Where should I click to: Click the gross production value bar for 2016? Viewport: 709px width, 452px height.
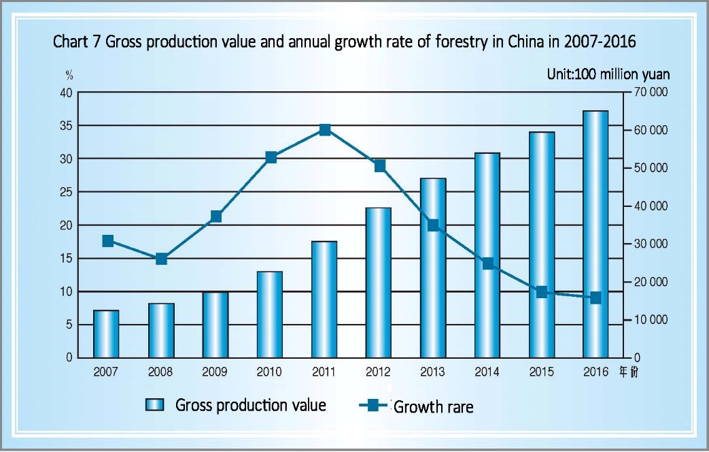(x=595, y=234)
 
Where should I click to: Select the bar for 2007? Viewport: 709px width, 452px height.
(x=106, y=334)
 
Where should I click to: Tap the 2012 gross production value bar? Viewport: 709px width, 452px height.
(x=378, y=282)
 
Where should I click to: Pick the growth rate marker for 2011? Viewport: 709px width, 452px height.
(x=325, y=130)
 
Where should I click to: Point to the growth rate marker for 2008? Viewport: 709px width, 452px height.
(x=161, y=259)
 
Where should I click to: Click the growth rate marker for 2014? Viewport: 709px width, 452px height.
(x=487, y=263)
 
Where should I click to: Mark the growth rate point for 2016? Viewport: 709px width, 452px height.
(x=595, y=297)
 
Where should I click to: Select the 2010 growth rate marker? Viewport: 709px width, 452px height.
(x=271, y=157)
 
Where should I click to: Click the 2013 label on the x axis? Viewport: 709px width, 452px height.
(x=432, y=372)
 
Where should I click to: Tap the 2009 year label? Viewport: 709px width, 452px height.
(x=215, y=372)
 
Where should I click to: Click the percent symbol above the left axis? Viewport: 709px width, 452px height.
(x=69, y=75)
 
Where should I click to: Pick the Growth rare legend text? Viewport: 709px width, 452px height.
(x=433, y=408)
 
